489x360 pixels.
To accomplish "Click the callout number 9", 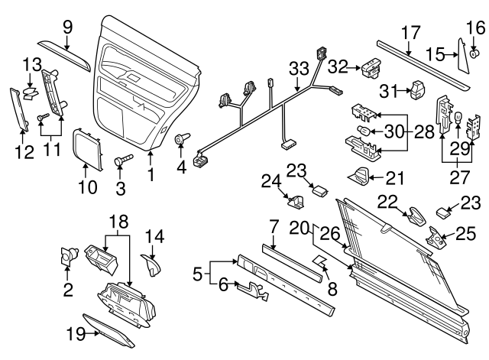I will point(67,26).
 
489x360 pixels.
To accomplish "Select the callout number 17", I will point(410,33).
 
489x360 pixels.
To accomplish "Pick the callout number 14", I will point(154,237).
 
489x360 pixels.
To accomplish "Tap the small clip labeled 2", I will point(66,258).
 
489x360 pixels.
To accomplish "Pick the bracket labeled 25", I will point(438,237).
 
